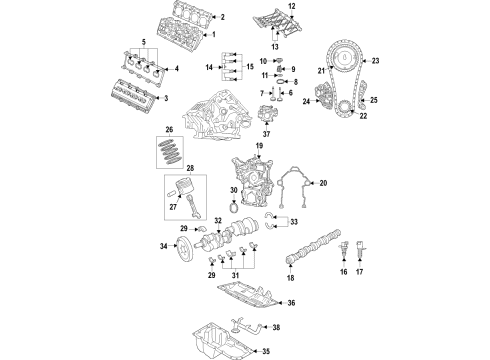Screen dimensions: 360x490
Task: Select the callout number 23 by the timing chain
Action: (377, 62)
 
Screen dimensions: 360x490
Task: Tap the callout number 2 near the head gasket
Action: (222, 17)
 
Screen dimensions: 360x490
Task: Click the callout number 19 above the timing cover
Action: (258, 147)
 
